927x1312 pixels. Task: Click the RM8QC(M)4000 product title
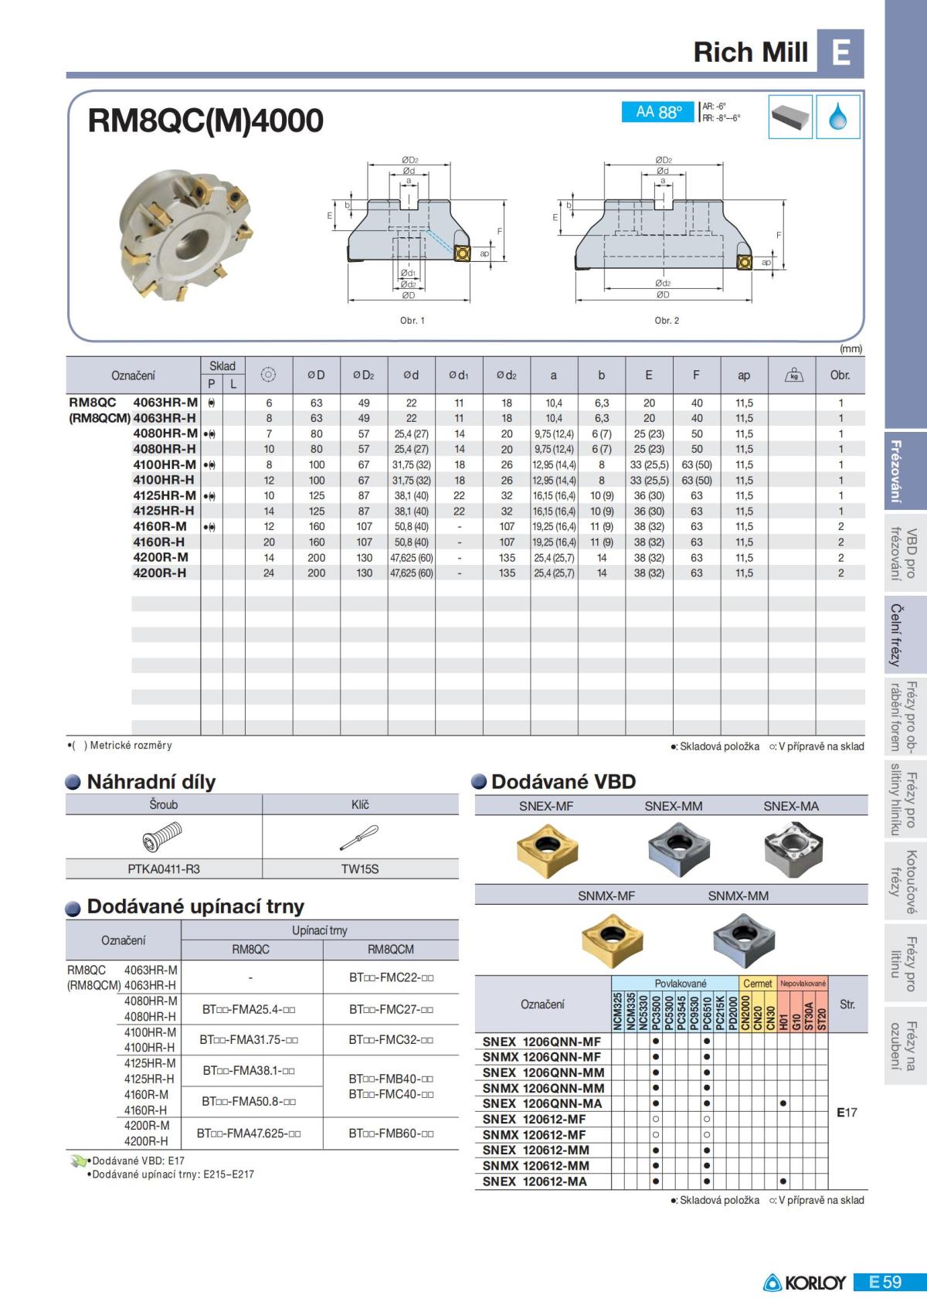point(205,121)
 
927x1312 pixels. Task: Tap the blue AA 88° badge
point(658,112)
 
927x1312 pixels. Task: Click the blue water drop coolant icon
point(838,117)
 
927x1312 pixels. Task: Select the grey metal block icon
point(790,117)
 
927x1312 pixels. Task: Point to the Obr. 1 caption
point(412,321)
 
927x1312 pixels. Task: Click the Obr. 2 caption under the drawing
point(667,321)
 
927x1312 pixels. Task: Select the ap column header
point(744,376)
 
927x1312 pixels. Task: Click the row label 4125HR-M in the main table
point(165,495)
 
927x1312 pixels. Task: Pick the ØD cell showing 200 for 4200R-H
point(317,573)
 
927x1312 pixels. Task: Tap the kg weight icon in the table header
point(793,376)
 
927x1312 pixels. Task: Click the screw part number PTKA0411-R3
point(164,869)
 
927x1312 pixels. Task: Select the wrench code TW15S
point(360,869)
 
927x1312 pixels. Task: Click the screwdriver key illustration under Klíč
point(359,837)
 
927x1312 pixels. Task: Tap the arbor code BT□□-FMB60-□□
point(391,1134)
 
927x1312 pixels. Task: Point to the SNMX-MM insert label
point(738,896)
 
